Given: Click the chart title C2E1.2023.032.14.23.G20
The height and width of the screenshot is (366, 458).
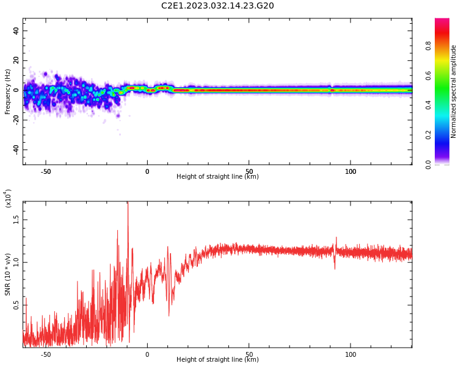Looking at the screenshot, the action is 217,5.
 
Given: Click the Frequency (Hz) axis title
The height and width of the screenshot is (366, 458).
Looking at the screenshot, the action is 7,91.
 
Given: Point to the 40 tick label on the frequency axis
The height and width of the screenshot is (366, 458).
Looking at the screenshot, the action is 16,30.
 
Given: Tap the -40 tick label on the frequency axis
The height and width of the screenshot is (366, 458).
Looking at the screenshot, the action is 16,150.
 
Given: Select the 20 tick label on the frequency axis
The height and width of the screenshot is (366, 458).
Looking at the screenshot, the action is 16,60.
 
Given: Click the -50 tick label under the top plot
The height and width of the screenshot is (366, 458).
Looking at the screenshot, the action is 46,171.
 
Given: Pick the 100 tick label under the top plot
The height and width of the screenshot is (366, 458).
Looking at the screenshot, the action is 351,171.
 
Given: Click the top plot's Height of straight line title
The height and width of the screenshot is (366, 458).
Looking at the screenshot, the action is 217,176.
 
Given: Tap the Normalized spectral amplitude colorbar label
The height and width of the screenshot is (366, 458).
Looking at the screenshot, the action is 453,91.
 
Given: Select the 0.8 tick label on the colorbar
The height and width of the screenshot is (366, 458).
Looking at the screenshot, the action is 428,46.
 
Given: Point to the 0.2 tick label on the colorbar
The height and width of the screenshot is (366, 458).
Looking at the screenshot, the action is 428,135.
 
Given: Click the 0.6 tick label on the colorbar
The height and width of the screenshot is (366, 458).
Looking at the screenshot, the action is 428,76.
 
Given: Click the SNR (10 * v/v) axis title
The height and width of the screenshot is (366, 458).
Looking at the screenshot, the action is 7,274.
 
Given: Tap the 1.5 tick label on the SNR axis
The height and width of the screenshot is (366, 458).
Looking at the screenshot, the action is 16,220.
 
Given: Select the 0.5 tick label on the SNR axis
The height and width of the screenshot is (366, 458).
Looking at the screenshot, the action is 16,305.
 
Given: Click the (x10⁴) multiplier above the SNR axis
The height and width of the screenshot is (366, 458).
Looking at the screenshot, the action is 7,198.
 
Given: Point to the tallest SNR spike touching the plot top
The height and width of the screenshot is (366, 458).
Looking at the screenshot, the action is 128,204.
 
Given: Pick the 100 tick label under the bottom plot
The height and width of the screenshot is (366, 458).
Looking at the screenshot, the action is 351,354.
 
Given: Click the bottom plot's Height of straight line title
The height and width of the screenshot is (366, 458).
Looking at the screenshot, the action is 217,359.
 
